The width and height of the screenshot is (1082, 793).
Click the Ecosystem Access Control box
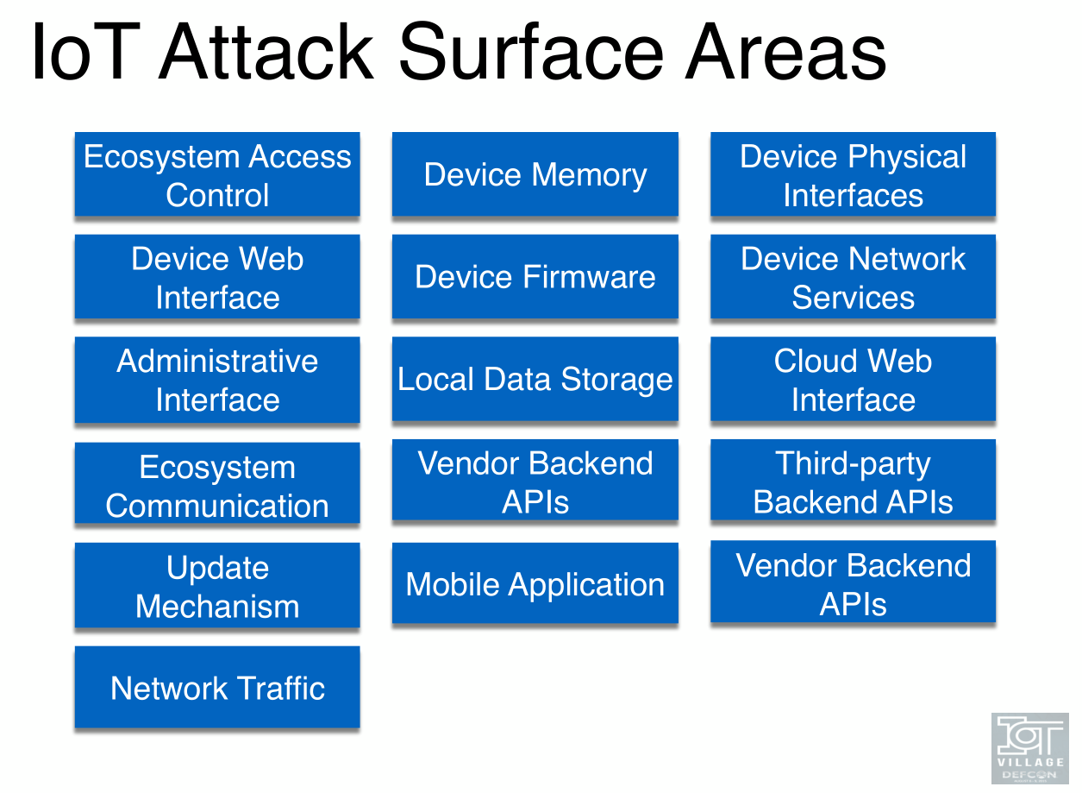tap(217, 175)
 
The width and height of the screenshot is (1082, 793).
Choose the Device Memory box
tap(535, 175)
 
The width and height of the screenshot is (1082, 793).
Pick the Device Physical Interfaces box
tap(853, 175)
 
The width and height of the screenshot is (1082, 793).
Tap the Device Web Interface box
tap(217, 278)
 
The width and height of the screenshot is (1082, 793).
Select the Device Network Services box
tap(853, 278)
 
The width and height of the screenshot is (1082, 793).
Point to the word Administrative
tap(217, 361)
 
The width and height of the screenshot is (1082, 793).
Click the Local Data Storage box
tap(535, 380)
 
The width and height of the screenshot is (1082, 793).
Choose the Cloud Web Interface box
tap(853, 380)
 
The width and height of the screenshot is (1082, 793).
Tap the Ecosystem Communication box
tap(217, 485)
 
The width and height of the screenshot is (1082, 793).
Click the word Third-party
tap(853, 463)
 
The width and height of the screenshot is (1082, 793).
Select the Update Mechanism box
tap(217, 586)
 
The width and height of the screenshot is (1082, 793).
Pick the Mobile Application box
tap(535, 584)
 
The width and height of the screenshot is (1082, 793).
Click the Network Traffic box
tap(217, 688)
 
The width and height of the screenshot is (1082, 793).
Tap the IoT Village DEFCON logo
tap(1029, 747)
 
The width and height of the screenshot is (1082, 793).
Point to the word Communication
tap(217, 506)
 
